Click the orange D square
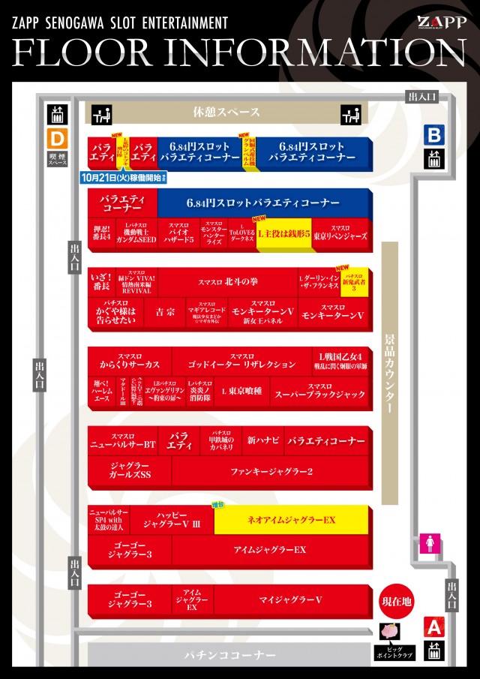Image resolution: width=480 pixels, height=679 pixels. [x=57, y=139]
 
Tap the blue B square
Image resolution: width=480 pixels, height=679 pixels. [x=435, y=135]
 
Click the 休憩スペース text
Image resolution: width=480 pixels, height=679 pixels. [x=226, y=113]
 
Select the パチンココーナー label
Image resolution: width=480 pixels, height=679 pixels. [x=230, y=655]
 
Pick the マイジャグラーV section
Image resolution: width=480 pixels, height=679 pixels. [x=291, y=600]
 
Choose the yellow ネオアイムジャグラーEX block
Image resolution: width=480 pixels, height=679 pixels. [x=292, y=519]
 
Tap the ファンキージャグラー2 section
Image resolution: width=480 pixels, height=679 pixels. [x=271, y=471]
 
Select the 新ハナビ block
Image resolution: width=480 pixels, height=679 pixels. [x=263, y=440]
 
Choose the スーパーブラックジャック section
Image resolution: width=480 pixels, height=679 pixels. [x=320, y=392]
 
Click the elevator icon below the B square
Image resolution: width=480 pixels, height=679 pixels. [x=435, y=159]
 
